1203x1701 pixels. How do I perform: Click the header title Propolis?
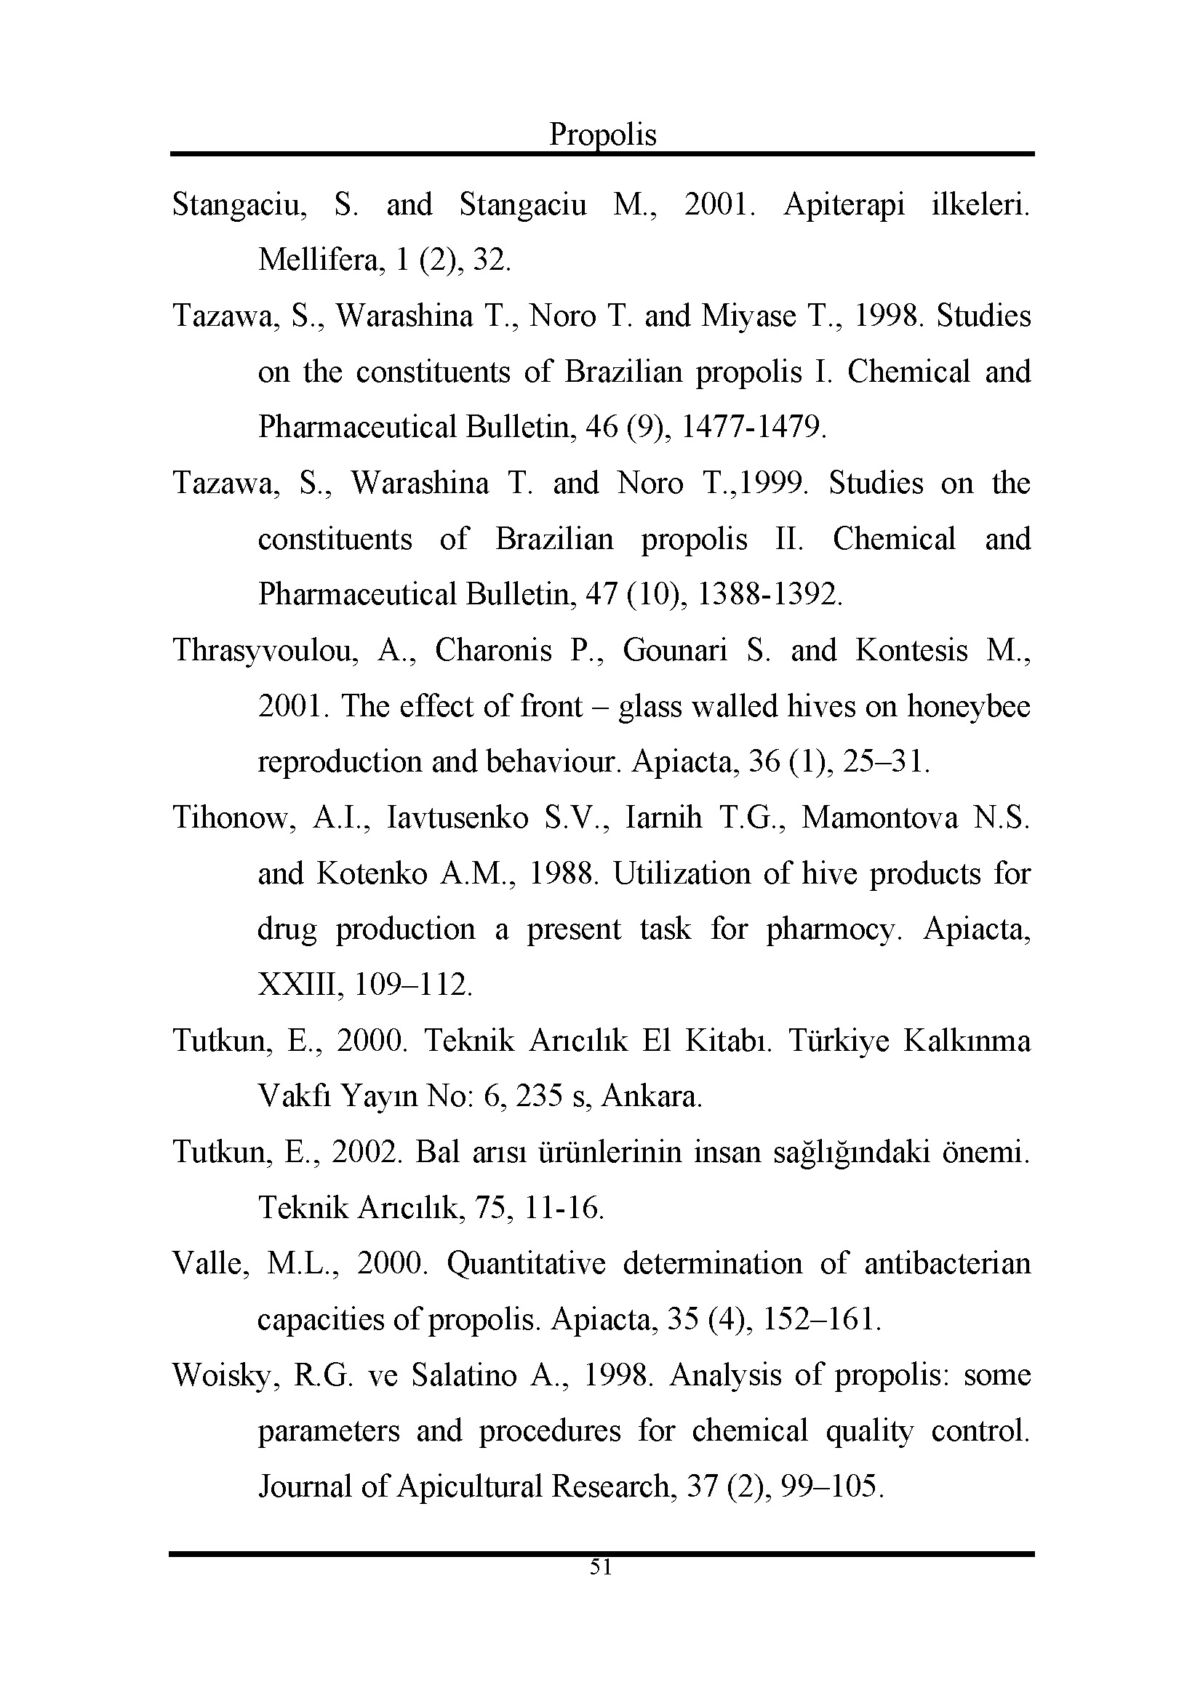[x=602, y=135]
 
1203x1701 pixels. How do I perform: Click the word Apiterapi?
[x=844, y=204]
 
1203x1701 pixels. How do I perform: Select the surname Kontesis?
[x=912, y=650]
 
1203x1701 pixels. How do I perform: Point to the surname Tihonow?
[x=234, y=818]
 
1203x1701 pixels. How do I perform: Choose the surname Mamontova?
[x=880, y=818]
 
